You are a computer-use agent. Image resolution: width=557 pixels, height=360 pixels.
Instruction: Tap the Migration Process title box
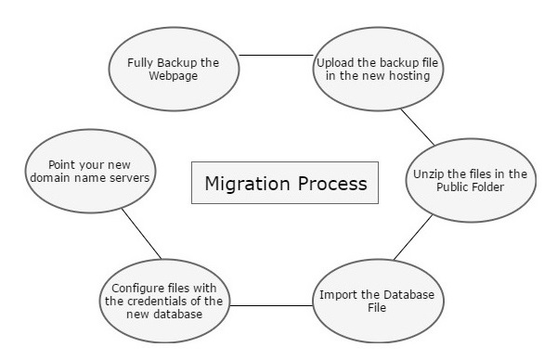[x=285, y=183]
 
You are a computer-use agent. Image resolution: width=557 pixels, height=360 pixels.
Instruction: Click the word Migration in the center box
[x=247, y=183]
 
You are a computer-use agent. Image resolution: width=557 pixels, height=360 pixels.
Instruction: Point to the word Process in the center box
[x=329, y=183]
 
